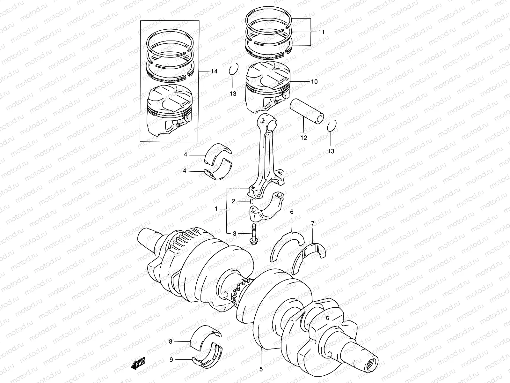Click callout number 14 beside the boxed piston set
(214, 71)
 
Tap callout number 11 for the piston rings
(321, 32)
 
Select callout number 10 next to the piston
(314, 82)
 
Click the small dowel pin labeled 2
(251, 201)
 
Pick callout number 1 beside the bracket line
(216, 209)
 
